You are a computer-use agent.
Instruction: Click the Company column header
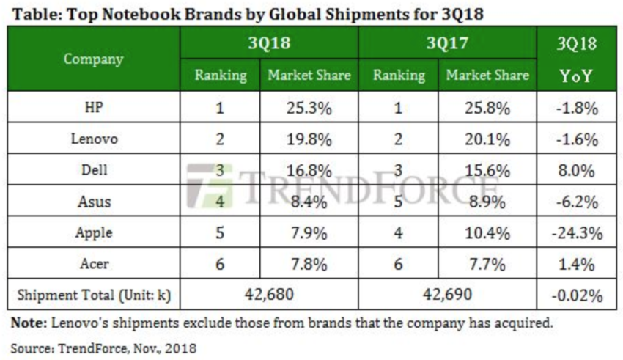point(94,59)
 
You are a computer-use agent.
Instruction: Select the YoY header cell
point(576,76)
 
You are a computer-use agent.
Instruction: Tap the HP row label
point(94,108)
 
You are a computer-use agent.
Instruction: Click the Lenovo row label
point(94,139)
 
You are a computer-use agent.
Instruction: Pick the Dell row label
point(94,170)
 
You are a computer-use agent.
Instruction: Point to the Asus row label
point(94,202)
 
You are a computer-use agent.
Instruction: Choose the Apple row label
point(94,233)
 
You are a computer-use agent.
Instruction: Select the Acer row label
point(94,264)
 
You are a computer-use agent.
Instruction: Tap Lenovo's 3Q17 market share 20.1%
point(488,139)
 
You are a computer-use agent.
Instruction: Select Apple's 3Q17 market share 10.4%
point(488,233)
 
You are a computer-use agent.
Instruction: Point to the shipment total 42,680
point(269,295)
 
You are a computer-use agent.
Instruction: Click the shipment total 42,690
point(448,295)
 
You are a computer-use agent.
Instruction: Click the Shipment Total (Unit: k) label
point(94,295)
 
